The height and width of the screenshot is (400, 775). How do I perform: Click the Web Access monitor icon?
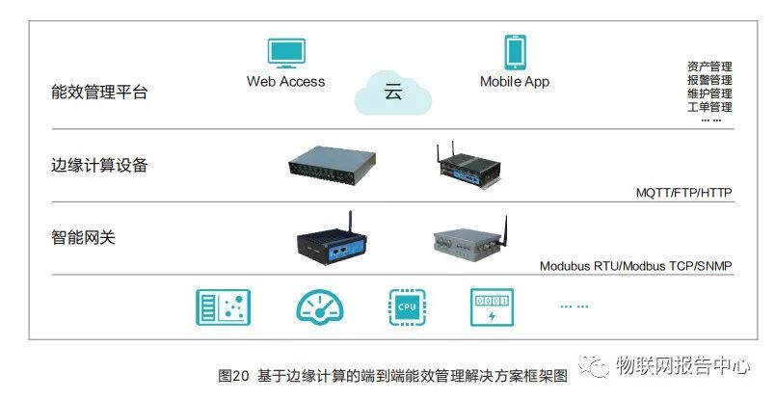pyautogui.click(x=285, y=53)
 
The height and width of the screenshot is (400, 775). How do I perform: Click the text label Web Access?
pyautogui.click(x=285, y=82)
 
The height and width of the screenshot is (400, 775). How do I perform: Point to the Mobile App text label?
pyautogui.click(x=515, y=82)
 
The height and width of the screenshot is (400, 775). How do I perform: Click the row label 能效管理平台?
pyautogui.click(x=100, y=93)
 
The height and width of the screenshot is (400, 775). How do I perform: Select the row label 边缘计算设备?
pyautogui.click(x=100, y=165)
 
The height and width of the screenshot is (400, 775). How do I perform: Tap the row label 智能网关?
pyautogui.click(x=83, y=236)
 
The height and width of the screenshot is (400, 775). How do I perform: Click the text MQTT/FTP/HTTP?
pyautogui.click(x=683, y=193)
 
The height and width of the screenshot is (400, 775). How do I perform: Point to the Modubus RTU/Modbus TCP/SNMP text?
pyautogui.click(x=635, y=266)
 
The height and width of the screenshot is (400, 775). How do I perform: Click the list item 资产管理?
pyautogui.click(x=709, y=67)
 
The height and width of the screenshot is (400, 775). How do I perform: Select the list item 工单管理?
pyautogui.click(x=709, y=107)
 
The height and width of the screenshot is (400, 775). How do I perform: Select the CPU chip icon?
pyautogui.click(x=406, y=307)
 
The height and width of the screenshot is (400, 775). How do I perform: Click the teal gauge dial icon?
pyautogui.click(x=319, y=307)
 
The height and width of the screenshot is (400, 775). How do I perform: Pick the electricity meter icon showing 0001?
pyautogui.click(x=491, y=307)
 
